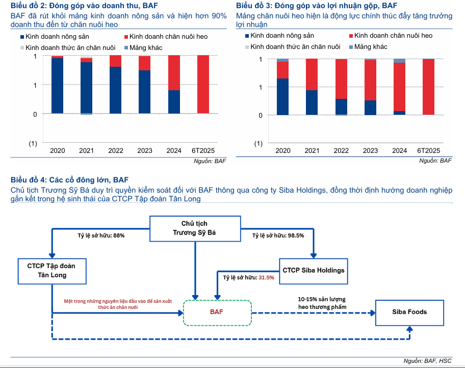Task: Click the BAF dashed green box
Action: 217,312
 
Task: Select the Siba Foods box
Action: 409,312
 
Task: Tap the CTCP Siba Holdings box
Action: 313,270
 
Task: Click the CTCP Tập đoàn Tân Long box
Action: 52,271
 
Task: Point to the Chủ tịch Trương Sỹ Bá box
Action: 194,229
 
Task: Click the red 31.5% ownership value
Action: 266,278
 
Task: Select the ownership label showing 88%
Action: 101,236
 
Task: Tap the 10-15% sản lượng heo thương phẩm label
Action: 322,303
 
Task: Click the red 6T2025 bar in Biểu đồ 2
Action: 203,84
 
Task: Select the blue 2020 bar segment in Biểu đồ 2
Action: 57,85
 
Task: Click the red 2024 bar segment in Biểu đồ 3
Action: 400,87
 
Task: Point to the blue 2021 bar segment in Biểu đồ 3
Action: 312,102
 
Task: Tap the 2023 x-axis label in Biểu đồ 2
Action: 144,151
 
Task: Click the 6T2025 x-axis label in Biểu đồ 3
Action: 429,151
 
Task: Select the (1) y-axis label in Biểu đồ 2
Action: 33,144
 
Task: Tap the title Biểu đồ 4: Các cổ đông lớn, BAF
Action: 70,179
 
